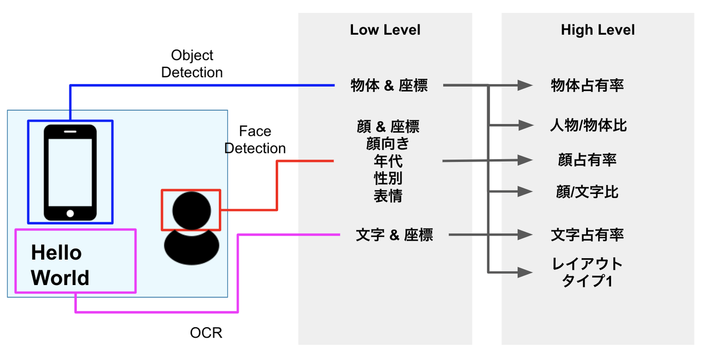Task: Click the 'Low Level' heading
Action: [385, 30]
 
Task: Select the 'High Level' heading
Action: [597, 30]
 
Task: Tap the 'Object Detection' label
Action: [192, 64]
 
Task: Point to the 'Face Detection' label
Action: [255, 140]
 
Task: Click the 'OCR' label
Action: [206, 333]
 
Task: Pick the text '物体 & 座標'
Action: [389, 86]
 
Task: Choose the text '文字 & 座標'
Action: [394, 235]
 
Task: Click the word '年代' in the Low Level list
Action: [388, 161]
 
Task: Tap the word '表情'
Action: [388, 196]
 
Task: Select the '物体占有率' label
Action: [587, 86]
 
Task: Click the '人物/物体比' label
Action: [588, 125]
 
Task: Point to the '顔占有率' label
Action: [587, 160]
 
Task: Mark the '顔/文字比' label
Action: [587, 192]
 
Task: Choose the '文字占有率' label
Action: [587, 235]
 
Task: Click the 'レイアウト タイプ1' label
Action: [587, 273]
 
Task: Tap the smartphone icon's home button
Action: [70, 214]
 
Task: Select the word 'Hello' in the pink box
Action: [56, 253]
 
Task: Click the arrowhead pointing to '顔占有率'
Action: [526, 160]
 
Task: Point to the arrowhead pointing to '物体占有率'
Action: [526, 86]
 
